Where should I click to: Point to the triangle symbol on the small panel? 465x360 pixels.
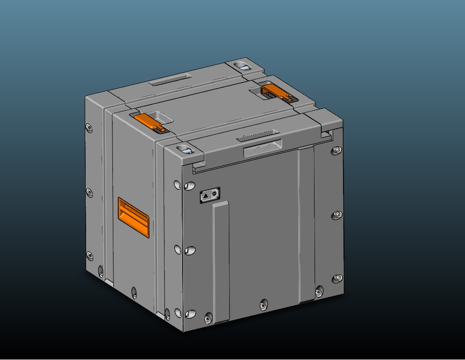click(206, 195)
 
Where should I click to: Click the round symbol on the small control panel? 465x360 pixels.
click(215, 193)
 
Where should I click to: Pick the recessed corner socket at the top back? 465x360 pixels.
click(244, 66)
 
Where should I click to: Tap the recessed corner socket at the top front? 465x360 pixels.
click(184, 150)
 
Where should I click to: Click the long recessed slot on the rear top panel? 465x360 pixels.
click(171, 79)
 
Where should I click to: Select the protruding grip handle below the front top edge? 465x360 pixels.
click(261, 150)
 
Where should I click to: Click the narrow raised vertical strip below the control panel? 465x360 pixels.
click(221, 259)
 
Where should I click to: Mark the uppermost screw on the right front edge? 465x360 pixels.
click(336, 150)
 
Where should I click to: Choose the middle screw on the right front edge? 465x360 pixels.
click(336, 215)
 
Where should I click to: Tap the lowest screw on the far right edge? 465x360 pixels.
click(337, 278)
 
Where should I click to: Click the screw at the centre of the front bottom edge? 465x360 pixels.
click(263, 305)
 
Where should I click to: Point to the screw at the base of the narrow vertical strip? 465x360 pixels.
click(209, 318)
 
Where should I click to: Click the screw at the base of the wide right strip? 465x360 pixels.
click(319, 292)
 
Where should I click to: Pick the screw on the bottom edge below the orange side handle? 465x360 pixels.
click(134, 291)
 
